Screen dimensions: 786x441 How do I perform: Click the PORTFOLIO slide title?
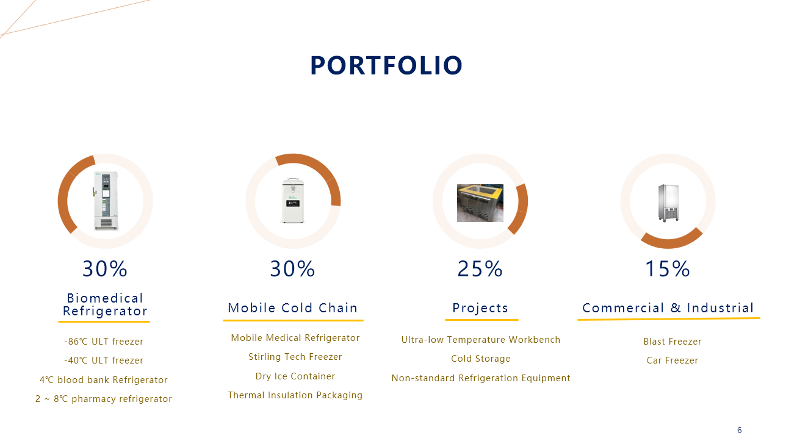click(x=386, y=66)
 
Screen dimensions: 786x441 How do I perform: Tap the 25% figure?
click(x=480, y=269)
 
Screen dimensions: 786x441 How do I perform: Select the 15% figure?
click(x=668, y=269)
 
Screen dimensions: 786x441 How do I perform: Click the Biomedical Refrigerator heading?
click(x=105, y=304)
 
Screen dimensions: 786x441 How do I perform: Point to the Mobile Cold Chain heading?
click(x=293, y=308)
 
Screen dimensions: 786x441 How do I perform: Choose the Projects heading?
click(x=480, y=308)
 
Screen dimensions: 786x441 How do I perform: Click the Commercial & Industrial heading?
click(x=668, y=308)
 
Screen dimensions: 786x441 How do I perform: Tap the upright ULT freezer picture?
click(x=106, y=201)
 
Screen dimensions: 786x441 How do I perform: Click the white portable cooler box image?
click(x=293, y=200)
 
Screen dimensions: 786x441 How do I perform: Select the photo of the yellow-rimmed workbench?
click(x=480, y=203)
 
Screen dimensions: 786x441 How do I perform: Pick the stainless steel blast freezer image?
click(x=668, y=203)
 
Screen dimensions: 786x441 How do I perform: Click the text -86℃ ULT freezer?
click(x=104, y=342)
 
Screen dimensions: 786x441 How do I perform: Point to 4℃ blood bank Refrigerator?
click(x=104, y=380)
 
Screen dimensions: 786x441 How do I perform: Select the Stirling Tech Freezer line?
click(x=295, y=357)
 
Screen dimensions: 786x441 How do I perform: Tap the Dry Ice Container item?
click(x=295, y=376)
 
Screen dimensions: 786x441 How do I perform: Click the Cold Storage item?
click(x=481, y=359)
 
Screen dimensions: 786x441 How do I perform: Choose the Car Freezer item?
click(x=672, y=360)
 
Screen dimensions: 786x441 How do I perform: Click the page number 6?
click(x=740, y=430)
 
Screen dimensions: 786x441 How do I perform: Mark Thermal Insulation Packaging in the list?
click(x=295, y=395)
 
